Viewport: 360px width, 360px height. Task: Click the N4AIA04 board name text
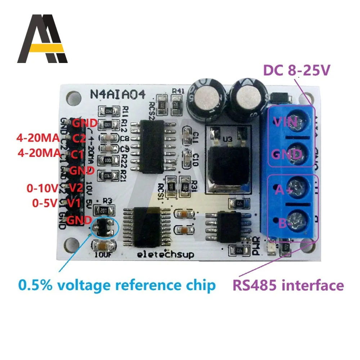pos(117,95)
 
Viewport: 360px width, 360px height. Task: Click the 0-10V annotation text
pos(42,188)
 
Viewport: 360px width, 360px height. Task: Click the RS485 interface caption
pos(288,285)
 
